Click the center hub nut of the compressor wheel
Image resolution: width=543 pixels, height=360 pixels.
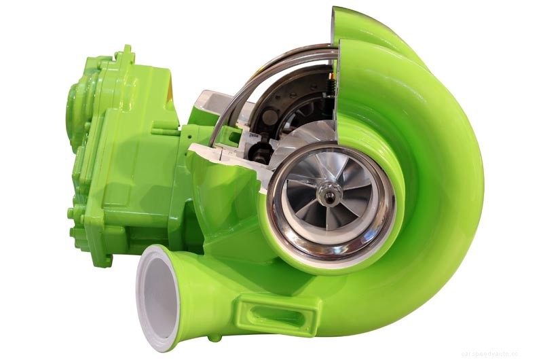coord(330,197)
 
